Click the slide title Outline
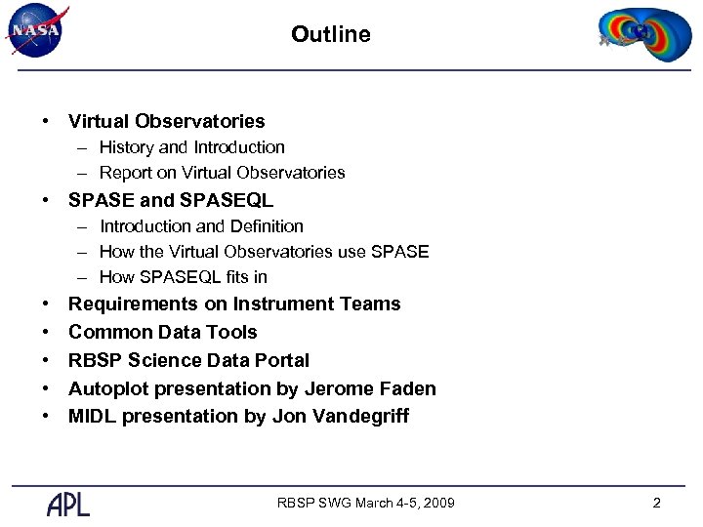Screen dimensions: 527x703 point(331,34)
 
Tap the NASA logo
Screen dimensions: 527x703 point(37,30)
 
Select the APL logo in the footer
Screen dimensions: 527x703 point(68,504)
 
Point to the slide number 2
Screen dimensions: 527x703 point(656,504)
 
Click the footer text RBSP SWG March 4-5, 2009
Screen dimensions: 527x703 point(365,504)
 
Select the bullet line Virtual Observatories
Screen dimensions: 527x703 point(166,121)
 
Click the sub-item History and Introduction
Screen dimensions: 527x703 point(191,147)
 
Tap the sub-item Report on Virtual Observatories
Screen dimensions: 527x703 point(222,173)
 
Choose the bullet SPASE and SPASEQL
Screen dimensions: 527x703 point(171,200)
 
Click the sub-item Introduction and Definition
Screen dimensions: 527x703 point(201,225)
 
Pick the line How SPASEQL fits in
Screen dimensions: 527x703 point(183,276)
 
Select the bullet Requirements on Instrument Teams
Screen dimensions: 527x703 point(234,304)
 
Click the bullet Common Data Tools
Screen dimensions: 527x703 point(162,332)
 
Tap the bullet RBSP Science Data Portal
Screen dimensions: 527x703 point(188,360)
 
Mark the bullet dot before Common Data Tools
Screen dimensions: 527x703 point(45,332)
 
